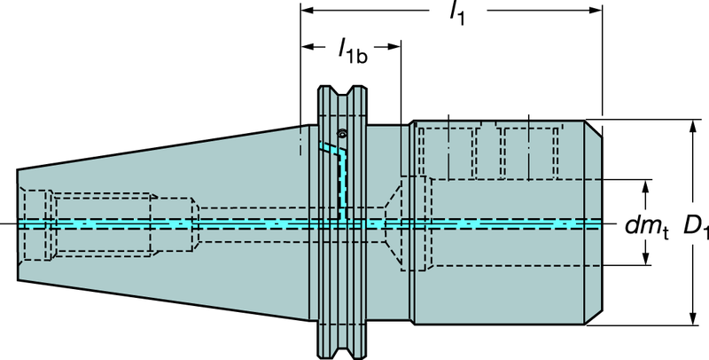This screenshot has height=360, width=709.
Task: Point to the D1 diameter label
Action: [695, 228]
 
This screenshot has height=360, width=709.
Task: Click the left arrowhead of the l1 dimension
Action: [306, 11]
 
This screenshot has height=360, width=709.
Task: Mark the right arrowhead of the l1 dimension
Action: [597, 11]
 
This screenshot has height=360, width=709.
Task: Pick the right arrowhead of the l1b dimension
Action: [397, 44]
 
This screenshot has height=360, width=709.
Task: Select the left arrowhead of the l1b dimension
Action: [306, 44]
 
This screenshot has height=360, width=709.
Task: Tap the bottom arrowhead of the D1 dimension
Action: [692, 321]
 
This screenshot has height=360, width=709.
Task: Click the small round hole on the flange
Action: [341, 134]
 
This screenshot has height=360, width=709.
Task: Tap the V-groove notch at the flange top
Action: [341, 92]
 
